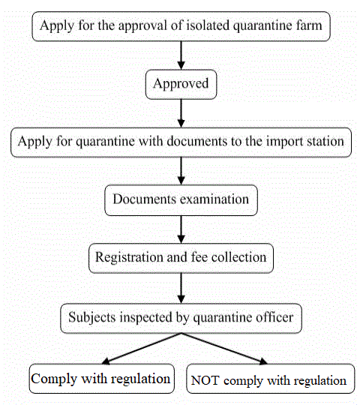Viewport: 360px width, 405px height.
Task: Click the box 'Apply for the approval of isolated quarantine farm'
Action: (x=181, y=26)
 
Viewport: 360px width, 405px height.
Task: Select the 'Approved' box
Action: (x=181, y=84)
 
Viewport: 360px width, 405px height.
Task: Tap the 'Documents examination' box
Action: (x=181, y=200)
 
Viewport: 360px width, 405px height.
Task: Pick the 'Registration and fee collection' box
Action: (x=181, y=258)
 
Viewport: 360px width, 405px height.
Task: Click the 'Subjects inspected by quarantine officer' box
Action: (x=181, y=318)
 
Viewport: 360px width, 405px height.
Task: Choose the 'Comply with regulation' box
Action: (x=100, y=379)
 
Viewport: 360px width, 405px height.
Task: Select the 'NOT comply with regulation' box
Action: (x=268, y=379)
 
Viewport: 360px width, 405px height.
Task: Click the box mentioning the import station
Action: (x=181, y=141)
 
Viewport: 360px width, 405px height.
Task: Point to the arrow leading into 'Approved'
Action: (x=181, y=55)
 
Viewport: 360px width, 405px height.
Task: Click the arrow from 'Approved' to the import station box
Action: (x=181, y=112)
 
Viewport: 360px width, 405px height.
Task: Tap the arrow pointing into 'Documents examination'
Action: (x=181, y=170)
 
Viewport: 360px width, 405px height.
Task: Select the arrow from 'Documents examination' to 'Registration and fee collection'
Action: (x=181, y=229)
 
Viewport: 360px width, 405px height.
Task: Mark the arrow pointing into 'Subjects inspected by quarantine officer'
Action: (x=181, y=287)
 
